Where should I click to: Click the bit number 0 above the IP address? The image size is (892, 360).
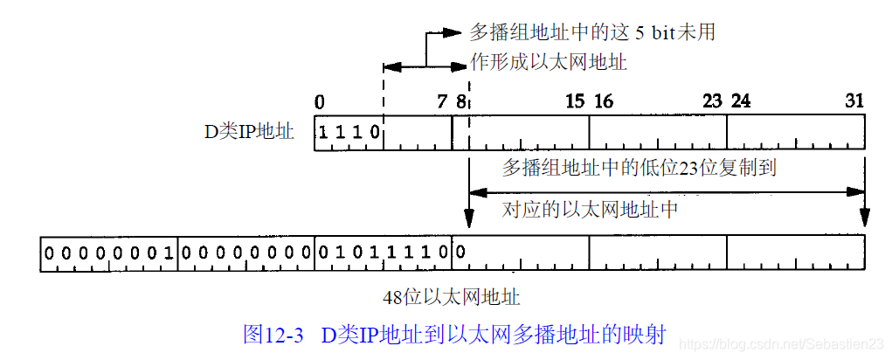pos(320,101)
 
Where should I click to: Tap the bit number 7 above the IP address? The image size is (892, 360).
pos(443,101)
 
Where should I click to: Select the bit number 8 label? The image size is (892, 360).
pos(460,101)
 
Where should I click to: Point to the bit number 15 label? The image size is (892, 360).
pos(575,101)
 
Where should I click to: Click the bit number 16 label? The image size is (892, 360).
pos(604,101)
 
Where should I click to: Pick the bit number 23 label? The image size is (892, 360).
pos(712,101)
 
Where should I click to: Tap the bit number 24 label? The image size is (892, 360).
pos(741,101)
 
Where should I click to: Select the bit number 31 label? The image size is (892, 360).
pos(854,101)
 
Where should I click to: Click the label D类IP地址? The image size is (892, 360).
pos(249,133)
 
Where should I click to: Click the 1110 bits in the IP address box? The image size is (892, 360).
pos(349,133)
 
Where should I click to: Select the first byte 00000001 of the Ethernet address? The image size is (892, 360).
pos(109,253)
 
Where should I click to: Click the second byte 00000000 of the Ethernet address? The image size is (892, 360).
pos(245,253)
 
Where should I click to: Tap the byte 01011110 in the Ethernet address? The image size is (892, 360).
pos(383,253)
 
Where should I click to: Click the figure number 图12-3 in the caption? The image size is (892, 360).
pos(273,335)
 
